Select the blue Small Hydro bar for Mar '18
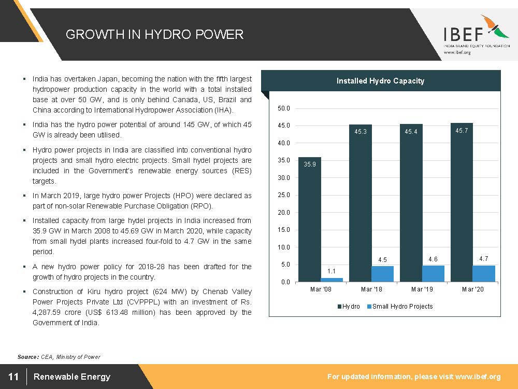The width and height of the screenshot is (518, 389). (382, 274)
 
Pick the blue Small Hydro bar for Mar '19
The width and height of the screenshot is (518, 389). (433, 274)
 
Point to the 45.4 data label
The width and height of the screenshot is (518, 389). (411, 132)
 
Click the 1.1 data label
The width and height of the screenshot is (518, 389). (332, 271)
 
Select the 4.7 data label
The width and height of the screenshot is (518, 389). (483, 258)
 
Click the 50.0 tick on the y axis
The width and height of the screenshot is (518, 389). (284, 108)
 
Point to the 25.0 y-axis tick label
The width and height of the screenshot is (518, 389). (284, 195)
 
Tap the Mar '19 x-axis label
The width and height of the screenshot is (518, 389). (422, 289)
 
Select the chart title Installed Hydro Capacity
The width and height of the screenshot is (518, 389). (380, 81)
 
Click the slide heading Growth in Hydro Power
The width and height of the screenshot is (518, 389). (154, 35)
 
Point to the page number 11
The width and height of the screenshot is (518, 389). (13, 377)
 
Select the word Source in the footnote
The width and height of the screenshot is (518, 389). (27, 357)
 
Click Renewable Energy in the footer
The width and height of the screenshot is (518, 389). (72, 377)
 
